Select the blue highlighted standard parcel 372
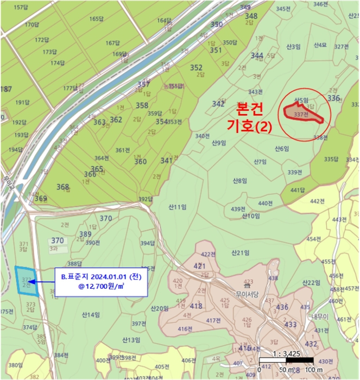pos(25,280)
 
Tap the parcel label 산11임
pos(177,207)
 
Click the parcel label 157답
pos(21,7)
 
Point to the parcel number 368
pos(63,187)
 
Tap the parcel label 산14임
pos(91,315)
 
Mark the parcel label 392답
pos(146,199)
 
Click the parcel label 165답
pos(96,19)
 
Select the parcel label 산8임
pos(239,181)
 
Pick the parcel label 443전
pos(338,219)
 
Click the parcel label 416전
pos(185,329)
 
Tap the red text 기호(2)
pos(249,128)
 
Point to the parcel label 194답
pos(15,150)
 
